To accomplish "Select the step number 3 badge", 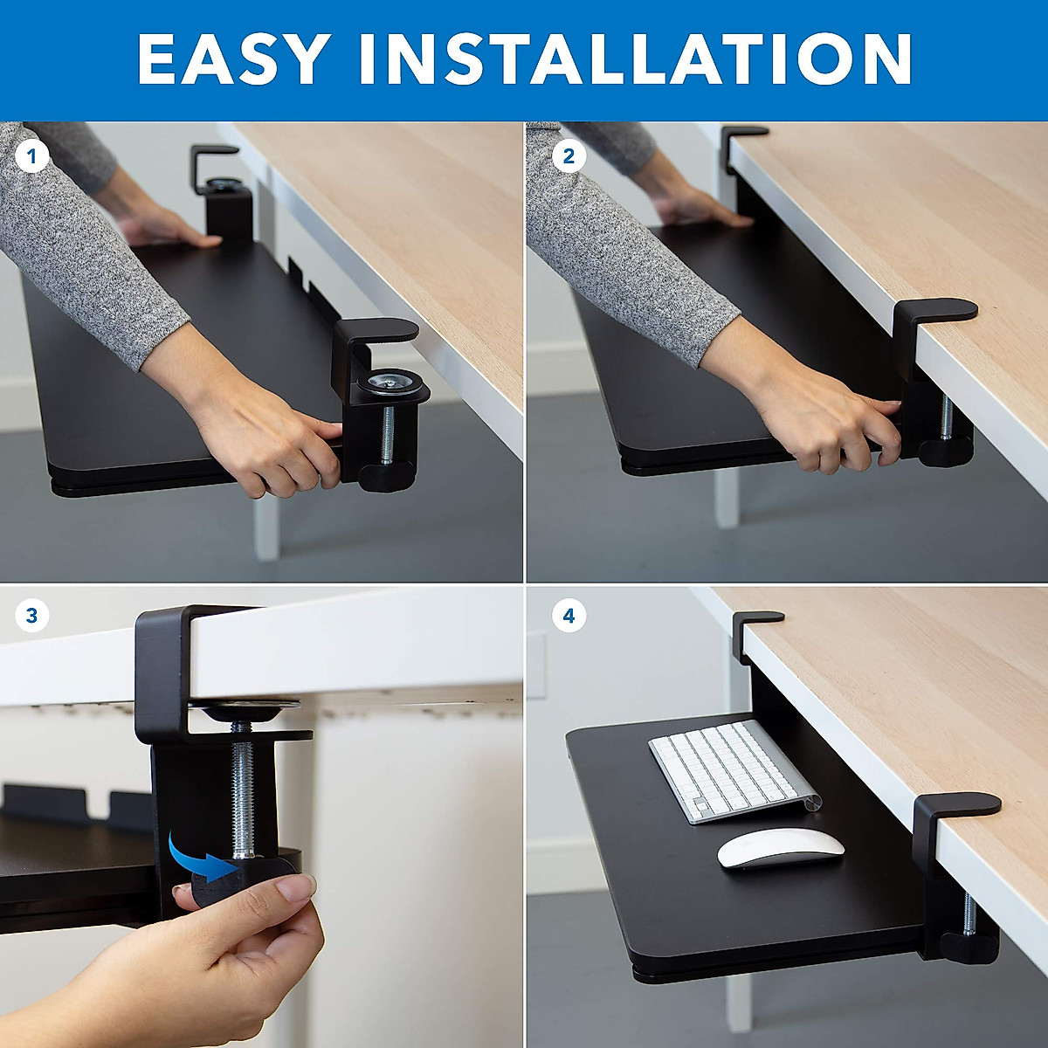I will (x=32, y=616).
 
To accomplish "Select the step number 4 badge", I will (x=569, y=616).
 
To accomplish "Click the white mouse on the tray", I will (x=782, y=848).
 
